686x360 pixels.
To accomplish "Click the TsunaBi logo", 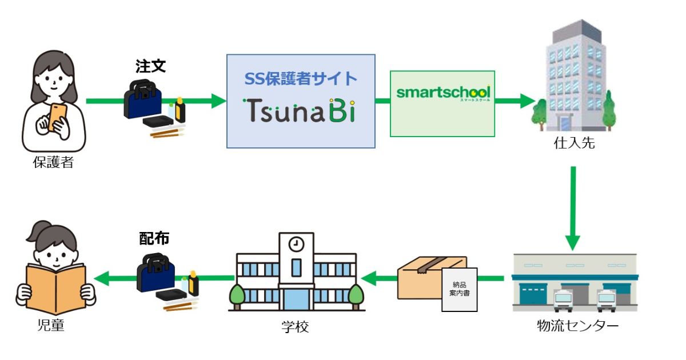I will pyautogui.click(x=300, y=110).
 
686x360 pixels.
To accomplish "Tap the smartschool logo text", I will pyautogui.click(x=443, y=93).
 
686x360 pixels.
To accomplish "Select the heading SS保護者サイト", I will pyautogui.click(x=301, y=79).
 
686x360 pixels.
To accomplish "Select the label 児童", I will pyautogui.click(x=49, y=326).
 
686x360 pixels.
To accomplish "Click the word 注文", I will pyautogui.click(x=150, y=66).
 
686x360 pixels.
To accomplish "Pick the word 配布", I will pyautogui.click(x=154, y=239).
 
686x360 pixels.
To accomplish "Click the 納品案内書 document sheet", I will pyautogui.click(x=459, y=289).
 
